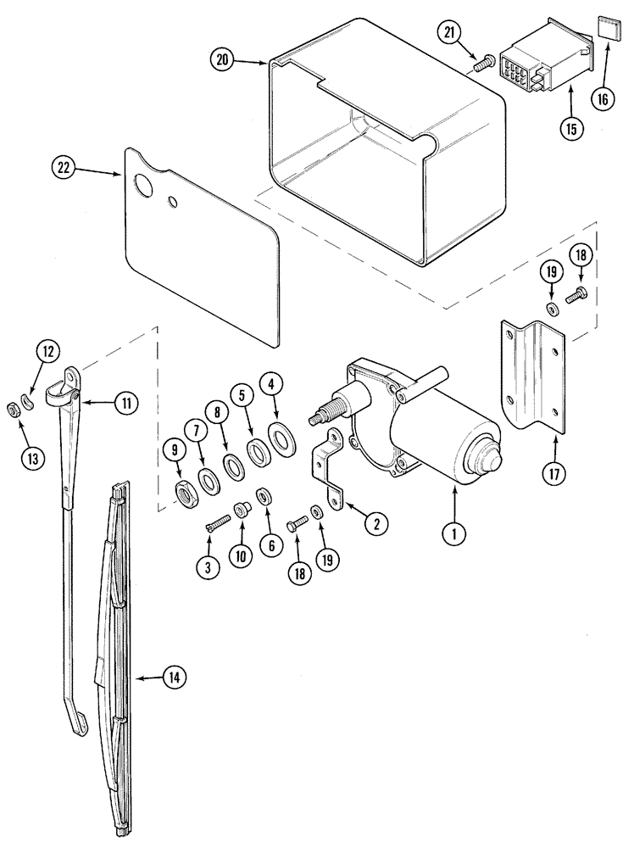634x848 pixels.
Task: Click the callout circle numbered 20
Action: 223,61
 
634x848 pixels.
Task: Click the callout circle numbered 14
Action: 175,678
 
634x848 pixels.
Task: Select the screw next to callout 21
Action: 487,62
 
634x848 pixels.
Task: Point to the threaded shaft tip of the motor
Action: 323,417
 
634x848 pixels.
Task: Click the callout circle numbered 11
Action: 125,404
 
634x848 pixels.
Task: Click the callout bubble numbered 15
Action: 570,128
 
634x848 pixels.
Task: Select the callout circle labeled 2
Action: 370,523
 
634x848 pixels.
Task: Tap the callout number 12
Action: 48,350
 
